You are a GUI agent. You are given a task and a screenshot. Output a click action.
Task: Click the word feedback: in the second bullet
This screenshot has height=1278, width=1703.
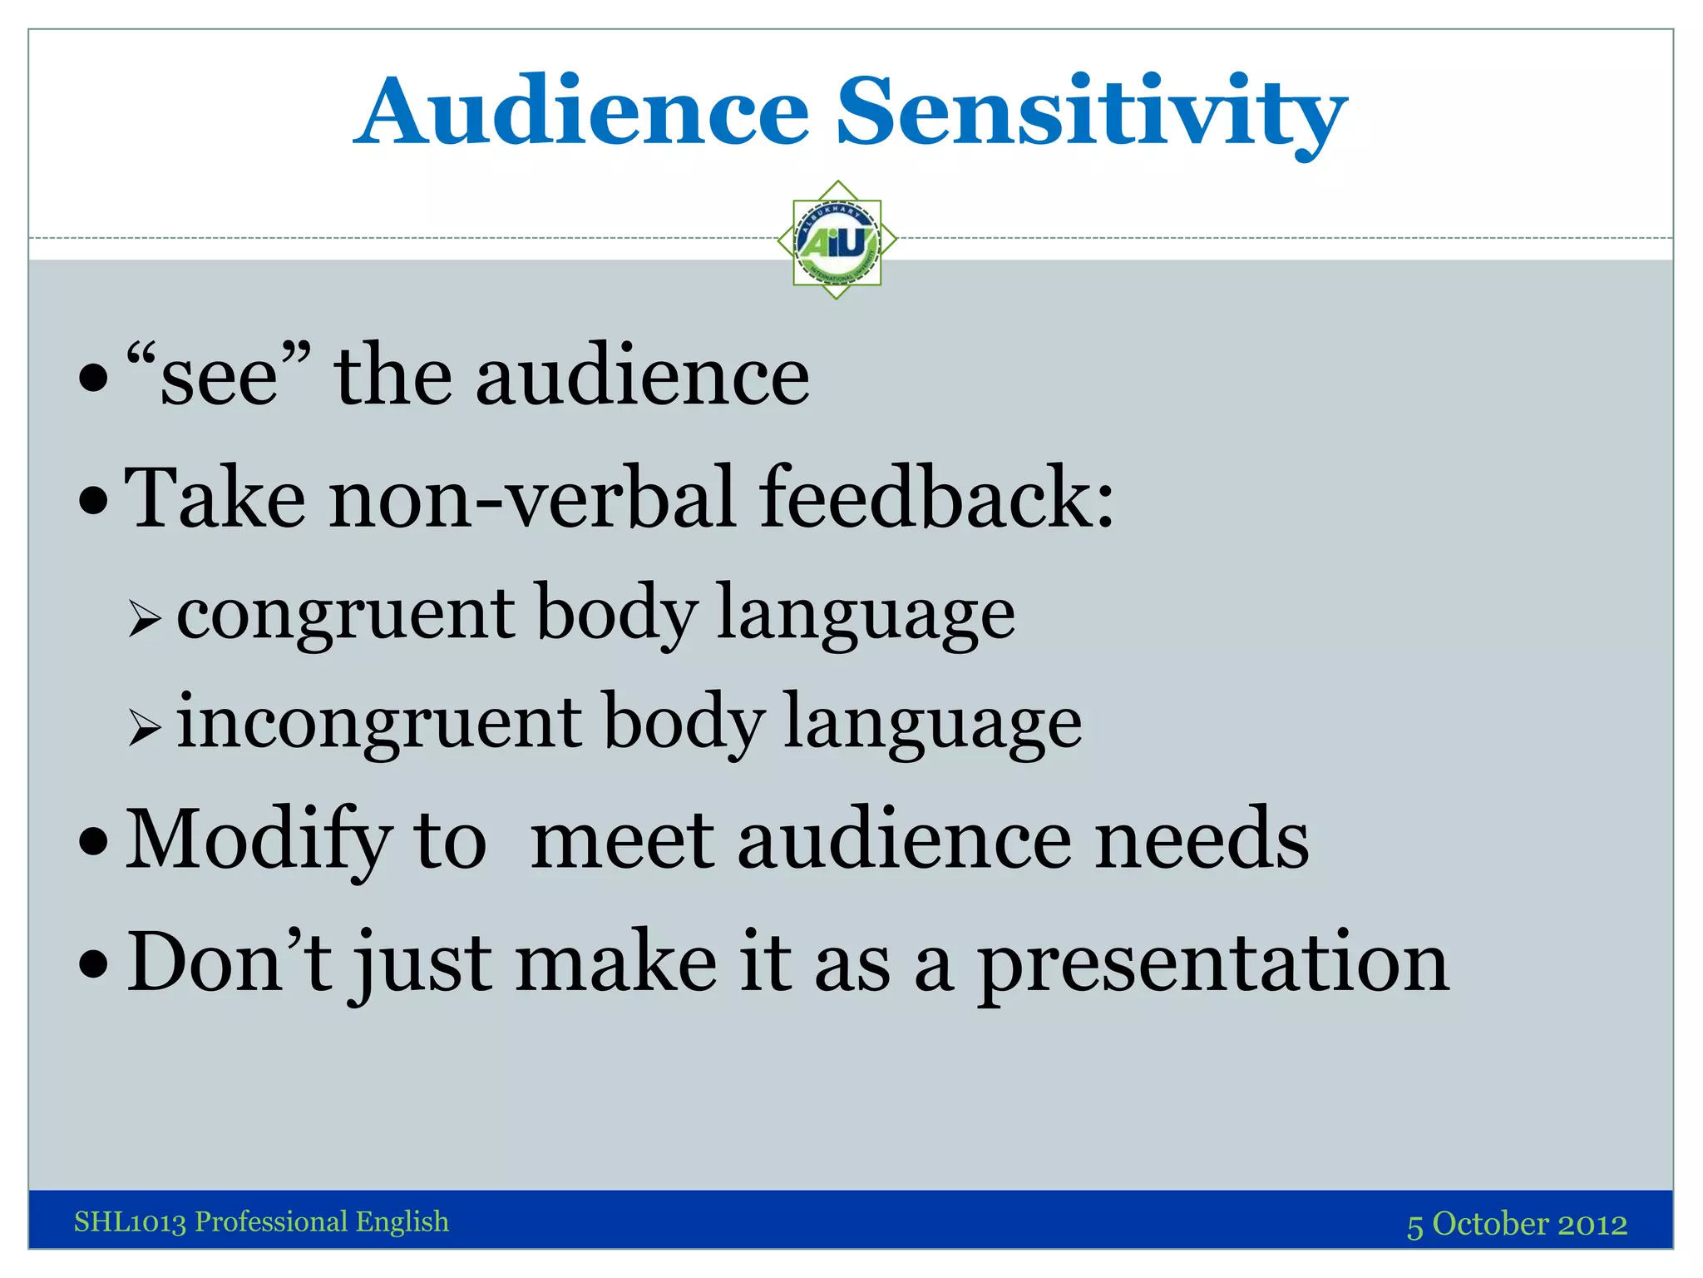936,498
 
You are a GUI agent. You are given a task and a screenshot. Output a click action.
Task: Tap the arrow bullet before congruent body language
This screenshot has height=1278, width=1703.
145,619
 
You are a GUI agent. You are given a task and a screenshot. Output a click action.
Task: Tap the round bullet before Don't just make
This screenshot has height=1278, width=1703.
93,965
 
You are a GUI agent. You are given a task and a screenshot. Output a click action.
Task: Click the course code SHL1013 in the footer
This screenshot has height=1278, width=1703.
130,1221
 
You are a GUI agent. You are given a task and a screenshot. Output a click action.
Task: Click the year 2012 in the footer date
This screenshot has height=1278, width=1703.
1592,1224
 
